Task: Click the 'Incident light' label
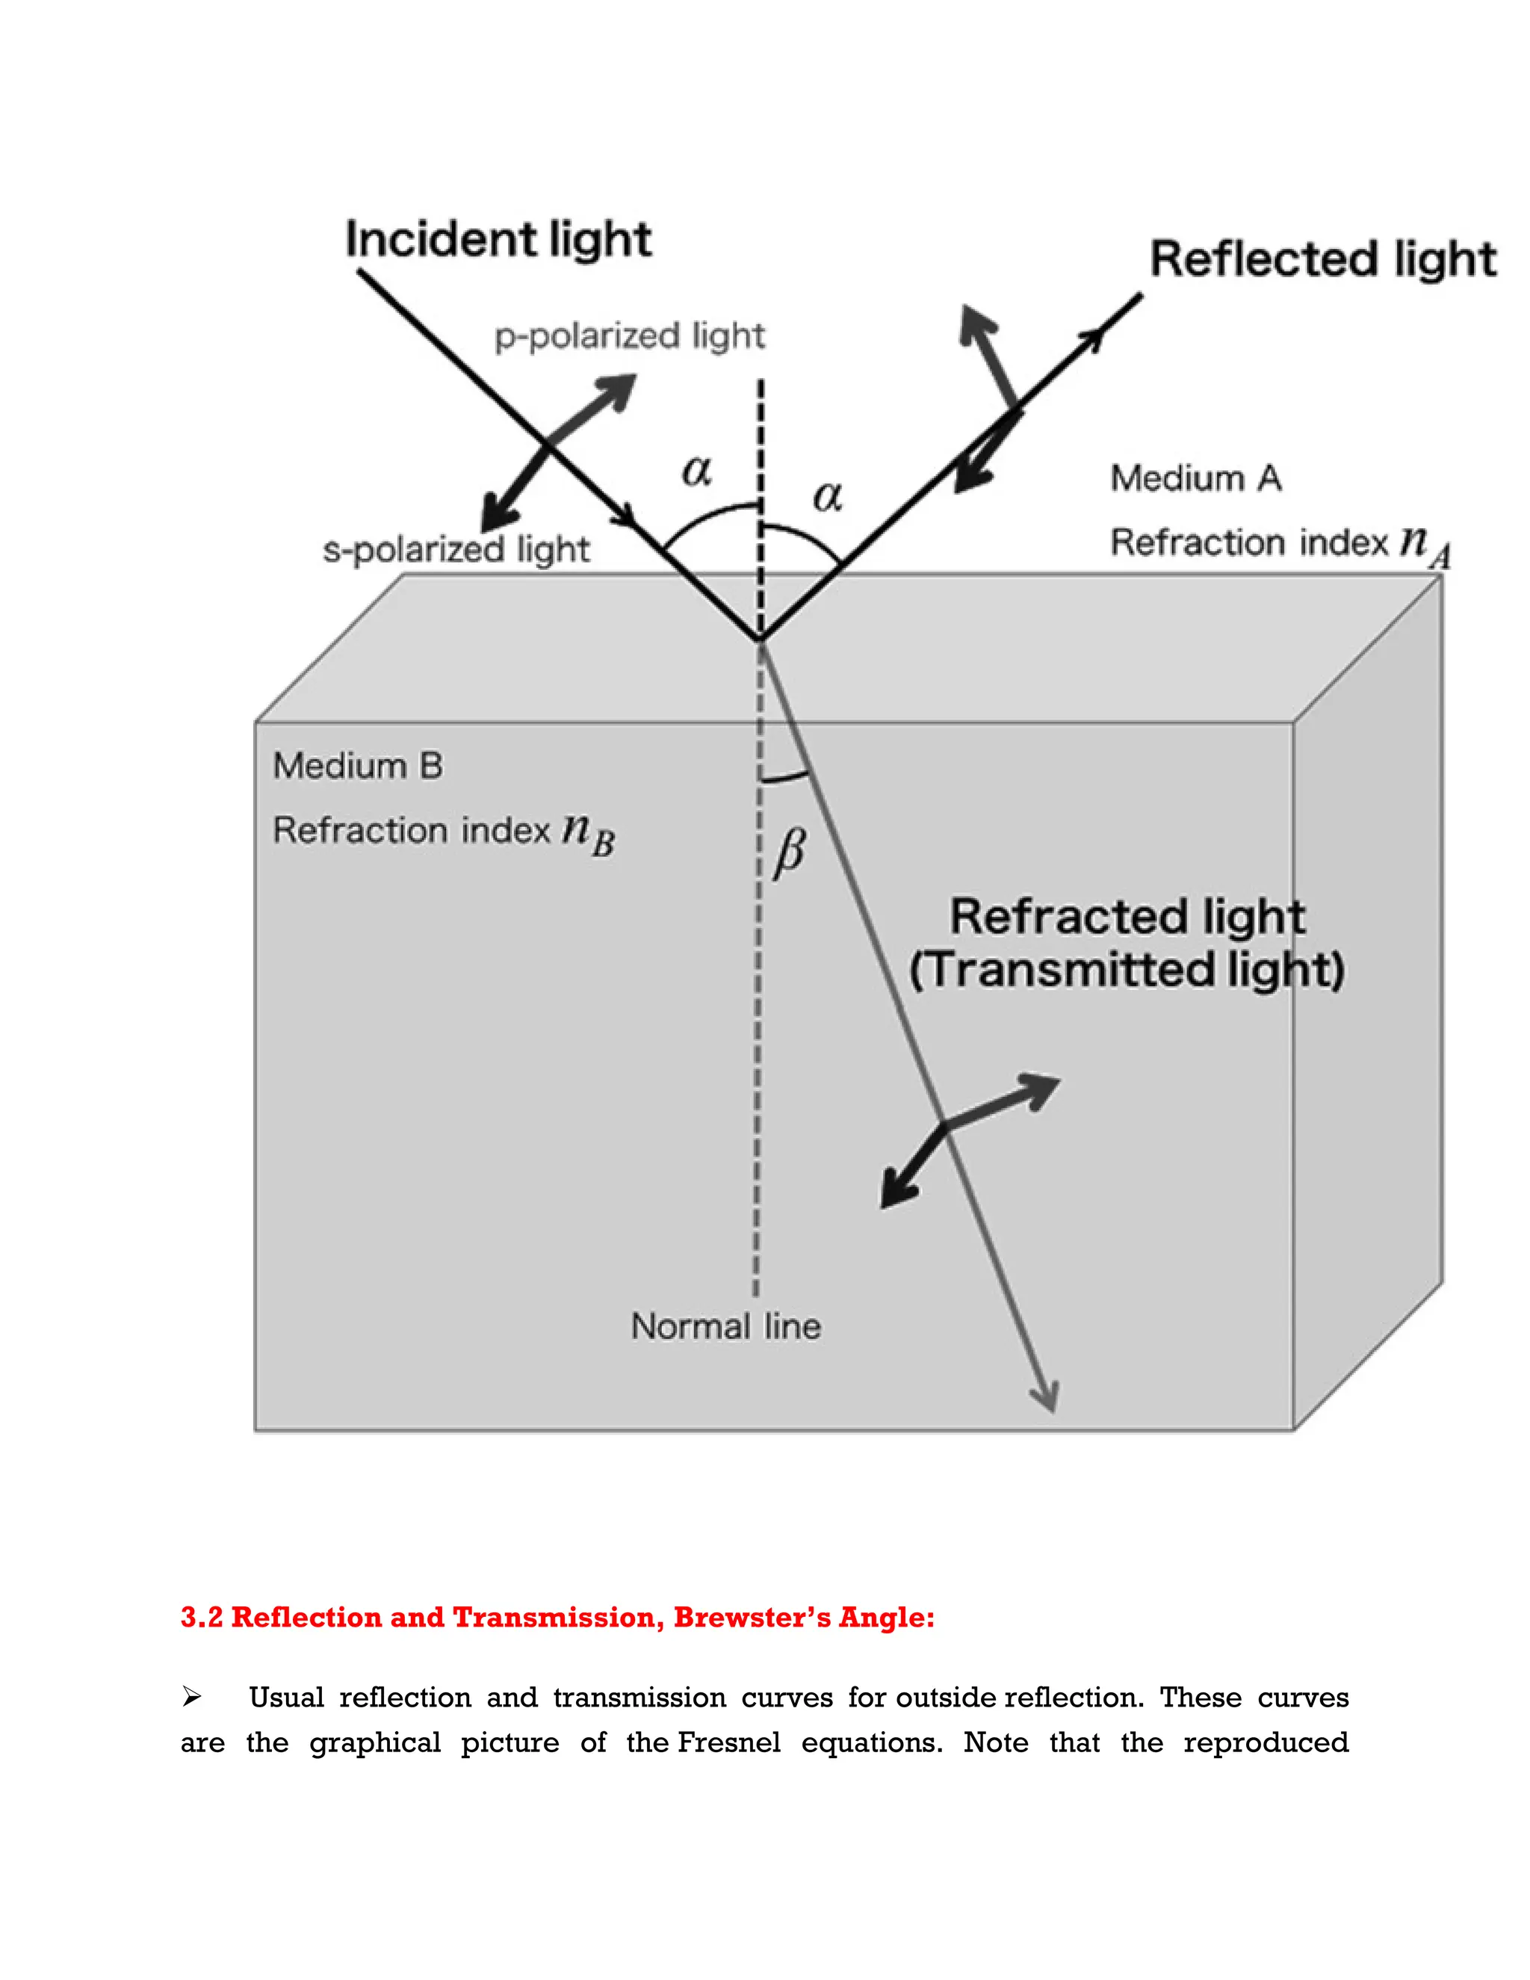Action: tap(498, 241)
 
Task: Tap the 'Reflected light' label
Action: tap(1322, 259)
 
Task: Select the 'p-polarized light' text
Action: tap(629, 336)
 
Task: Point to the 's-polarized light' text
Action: tap(456, 549)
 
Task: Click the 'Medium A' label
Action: tap(1195, 477)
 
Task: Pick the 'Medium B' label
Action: tap(358, 766)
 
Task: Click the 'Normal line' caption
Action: tap(726, 1326)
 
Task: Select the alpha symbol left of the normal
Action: tap(696, 471)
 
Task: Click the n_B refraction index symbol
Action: tap(587, 832)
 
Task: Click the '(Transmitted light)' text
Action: tap(1127, 970)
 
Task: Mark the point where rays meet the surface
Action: tap(760, 639)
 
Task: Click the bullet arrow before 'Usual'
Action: tap(191, 1697)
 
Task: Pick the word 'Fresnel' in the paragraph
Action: tap(728, 1742)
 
